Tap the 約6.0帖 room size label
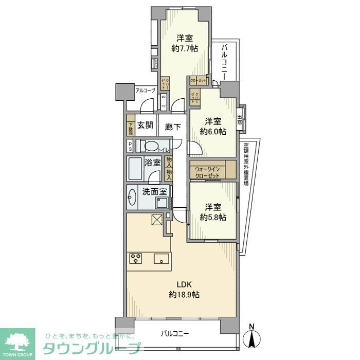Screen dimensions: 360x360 tap(212, 132)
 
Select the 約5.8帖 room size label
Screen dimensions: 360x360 tap(212, 218)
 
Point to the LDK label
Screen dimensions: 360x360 tap(184, 284)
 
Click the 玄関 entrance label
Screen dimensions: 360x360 tap(146, 125)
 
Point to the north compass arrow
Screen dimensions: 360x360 tap(251, 337)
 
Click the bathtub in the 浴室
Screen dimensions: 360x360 tap(135, 169)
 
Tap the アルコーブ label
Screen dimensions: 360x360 tap(145, 91)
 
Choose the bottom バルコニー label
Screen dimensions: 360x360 tap(175, 333)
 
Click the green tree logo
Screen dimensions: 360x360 tap(17, 341)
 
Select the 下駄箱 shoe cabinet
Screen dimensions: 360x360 tap(131, 126)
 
